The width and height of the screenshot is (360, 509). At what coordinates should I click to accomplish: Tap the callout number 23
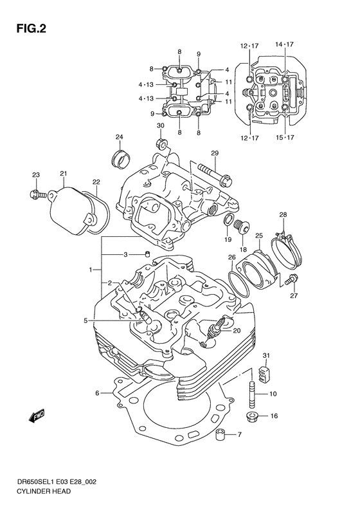pyautogui.click(x=37, y=175)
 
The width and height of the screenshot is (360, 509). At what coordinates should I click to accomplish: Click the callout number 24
pyautogui.click(x=119, y=136)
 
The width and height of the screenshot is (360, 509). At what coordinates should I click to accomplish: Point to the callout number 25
pyautogui.click(x=259, y=236)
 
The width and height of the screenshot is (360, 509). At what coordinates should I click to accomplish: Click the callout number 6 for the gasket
pyautogui.click(x=97, y=392)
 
